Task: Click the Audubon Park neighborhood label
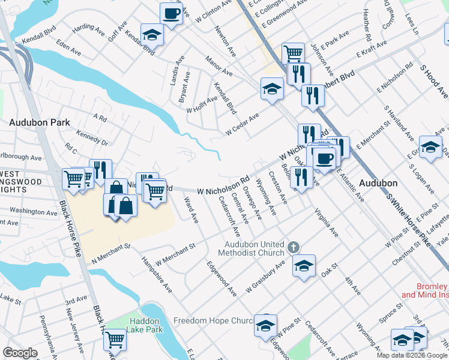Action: click(40, 122)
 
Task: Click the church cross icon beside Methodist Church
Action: click(294, 247)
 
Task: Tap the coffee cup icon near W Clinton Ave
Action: click(171, 14)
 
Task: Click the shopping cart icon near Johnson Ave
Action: click(293, 53)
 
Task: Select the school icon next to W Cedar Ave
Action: click(272, 89)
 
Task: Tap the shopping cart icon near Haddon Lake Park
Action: click(114, 340)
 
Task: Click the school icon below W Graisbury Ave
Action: click(304, 265)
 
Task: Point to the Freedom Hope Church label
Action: click(213, 321)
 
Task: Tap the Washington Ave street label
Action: click(33, 211)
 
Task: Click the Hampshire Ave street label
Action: click(156, 275)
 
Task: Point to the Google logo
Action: click(21, 353)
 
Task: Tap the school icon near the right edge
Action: click(430, 148)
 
